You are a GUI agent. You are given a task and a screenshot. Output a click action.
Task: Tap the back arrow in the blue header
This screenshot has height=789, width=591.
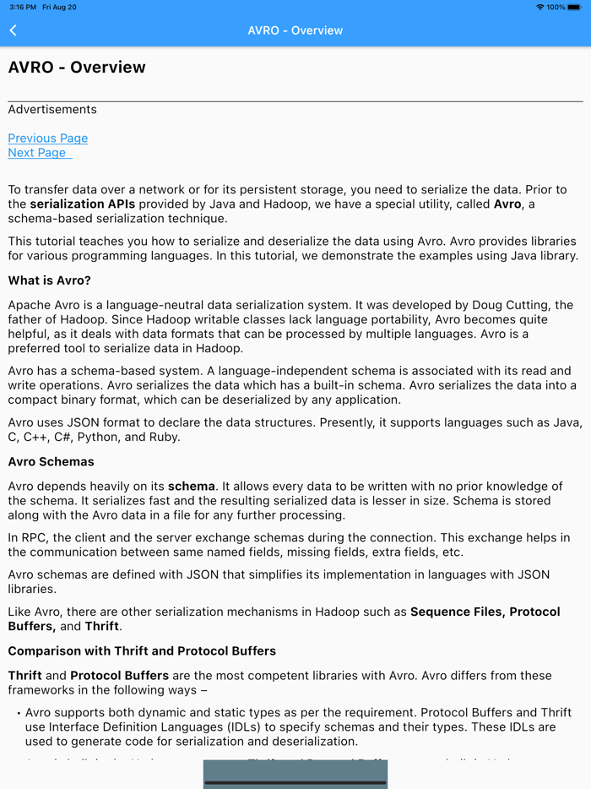[14, 30]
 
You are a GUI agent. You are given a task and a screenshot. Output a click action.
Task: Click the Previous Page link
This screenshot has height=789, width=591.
[48, 139]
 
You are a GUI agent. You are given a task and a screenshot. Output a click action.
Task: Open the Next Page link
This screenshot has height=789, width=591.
[38, 153]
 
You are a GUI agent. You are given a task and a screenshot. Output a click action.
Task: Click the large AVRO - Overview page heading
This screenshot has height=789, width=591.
[77, 68]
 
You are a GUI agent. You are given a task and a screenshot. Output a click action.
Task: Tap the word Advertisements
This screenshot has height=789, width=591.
[52, 110]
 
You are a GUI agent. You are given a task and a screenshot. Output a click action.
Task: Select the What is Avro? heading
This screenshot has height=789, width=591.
[49, 280]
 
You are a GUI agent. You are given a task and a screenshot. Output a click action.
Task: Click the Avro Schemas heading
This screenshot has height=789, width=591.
[51, 462]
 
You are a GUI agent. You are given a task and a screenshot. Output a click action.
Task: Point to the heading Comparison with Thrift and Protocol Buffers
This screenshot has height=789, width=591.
[142, 651]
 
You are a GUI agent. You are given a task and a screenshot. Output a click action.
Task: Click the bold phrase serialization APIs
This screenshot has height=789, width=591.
[82, 204]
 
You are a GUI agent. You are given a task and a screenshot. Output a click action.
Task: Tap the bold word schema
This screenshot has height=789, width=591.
[192, 487]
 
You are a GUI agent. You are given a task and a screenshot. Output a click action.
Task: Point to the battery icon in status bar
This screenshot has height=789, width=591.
[577, 7]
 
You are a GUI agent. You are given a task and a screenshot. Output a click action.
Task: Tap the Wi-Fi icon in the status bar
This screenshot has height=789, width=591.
[540, 7]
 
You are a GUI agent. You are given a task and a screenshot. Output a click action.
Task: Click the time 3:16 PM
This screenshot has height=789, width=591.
[23, 7]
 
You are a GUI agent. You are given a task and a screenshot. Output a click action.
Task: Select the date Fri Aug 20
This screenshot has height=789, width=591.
[59, 7]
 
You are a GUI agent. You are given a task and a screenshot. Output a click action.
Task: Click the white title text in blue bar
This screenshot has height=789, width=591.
[295, 30]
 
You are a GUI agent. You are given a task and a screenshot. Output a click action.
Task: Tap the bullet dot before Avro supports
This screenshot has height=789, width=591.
[19, 714]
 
